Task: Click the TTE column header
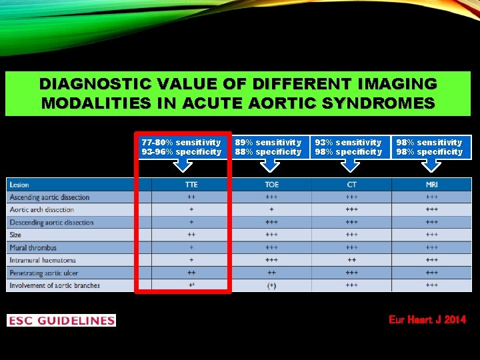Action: point(191,185)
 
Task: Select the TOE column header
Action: point(271,185)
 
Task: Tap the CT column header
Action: point(351,185)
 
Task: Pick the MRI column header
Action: point(431,185)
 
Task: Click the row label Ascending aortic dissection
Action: point(49,197)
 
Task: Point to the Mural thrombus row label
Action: point(33,247)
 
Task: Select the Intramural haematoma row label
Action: point(43,260)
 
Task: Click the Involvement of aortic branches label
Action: point(55,285)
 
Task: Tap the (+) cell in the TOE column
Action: point(271,285)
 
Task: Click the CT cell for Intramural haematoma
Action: point(351,260)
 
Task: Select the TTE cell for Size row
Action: point(191,235)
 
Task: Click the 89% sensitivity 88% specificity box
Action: point(268,147)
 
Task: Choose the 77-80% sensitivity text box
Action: point(181,147)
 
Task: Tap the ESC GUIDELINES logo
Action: point(61,321)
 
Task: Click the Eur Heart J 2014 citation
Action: point(427,320)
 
